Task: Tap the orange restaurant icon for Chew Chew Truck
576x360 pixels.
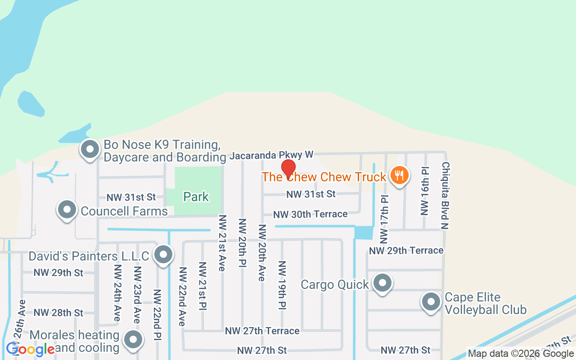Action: (x=399, y=174)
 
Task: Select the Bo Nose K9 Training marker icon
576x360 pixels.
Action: (x=90, y=148)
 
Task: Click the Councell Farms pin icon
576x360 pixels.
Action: (x=67, y=209)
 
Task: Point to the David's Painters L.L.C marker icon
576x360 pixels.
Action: (x=163, y=255)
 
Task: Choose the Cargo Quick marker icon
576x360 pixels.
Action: (x=382, y=283)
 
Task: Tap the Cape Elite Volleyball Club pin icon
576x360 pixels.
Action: (x=431, y=301)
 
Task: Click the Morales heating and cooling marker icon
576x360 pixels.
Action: (x=133, y=340)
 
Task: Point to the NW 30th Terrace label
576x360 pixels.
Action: (x=310, y=214)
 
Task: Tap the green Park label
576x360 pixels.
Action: (x=196, y=197)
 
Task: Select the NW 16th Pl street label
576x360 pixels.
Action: (x=425, y=191)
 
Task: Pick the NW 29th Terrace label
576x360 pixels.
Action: (x=406, y=250)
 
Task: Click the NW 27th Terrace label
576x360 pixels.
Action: (x=262, y=331)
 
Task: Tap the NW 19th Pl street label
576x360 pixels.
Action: (x=282, y=284)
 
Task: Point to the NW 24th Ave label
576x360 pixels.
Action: (x=117, y=292)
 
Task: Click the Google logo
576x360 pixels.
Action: (x=30, y=349)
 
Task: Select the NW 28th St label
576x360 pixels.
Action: (x=58, y=312)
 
